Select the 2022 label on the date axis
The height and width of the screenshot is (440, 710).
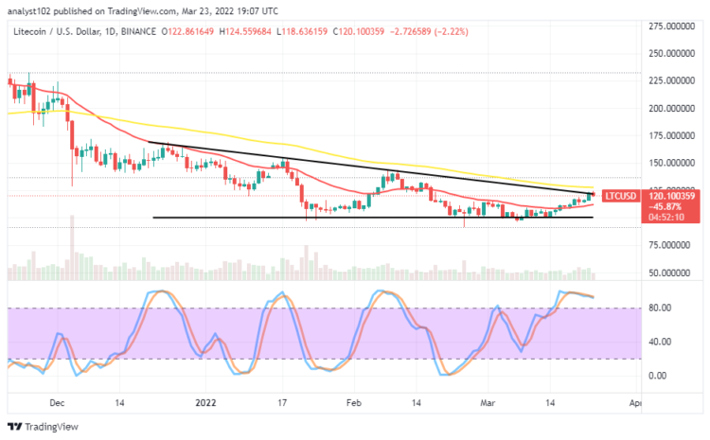point(206,402)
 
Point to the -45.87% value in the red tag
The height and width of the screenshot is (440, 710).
point(665,205)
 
